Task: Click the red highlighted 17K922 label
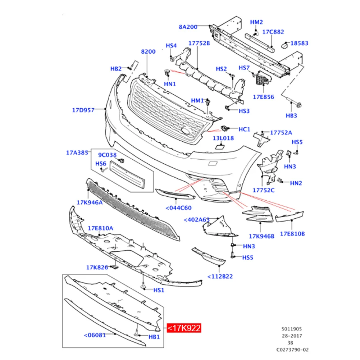[x=184, y=328]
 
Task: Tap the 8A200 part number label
[x=188, y=27]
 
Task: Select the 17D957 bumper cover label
[x=83, y=110]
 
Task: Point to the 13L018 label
[x=223, y=138]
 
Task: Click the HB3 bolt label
[x=291, y=116]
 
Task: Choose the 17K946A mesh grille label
[x=90, y=202]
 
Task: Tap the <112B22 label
[x=220, y=277]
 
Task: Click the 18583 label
[x=299, y=43]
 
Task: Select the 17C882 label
[x=273, y=32]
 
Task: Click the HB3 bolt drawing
[x=292, y=102]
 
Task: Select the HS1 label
[x=159, y=290]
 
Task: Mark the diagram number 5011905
[x=292, y=329]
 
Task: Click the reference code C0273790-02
[x=292, y=350]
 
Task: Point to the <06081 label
[x=95, y=335]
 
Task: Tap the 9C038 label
[x=107, y=155]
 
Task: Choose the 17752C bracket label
[x=264, y=190]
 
